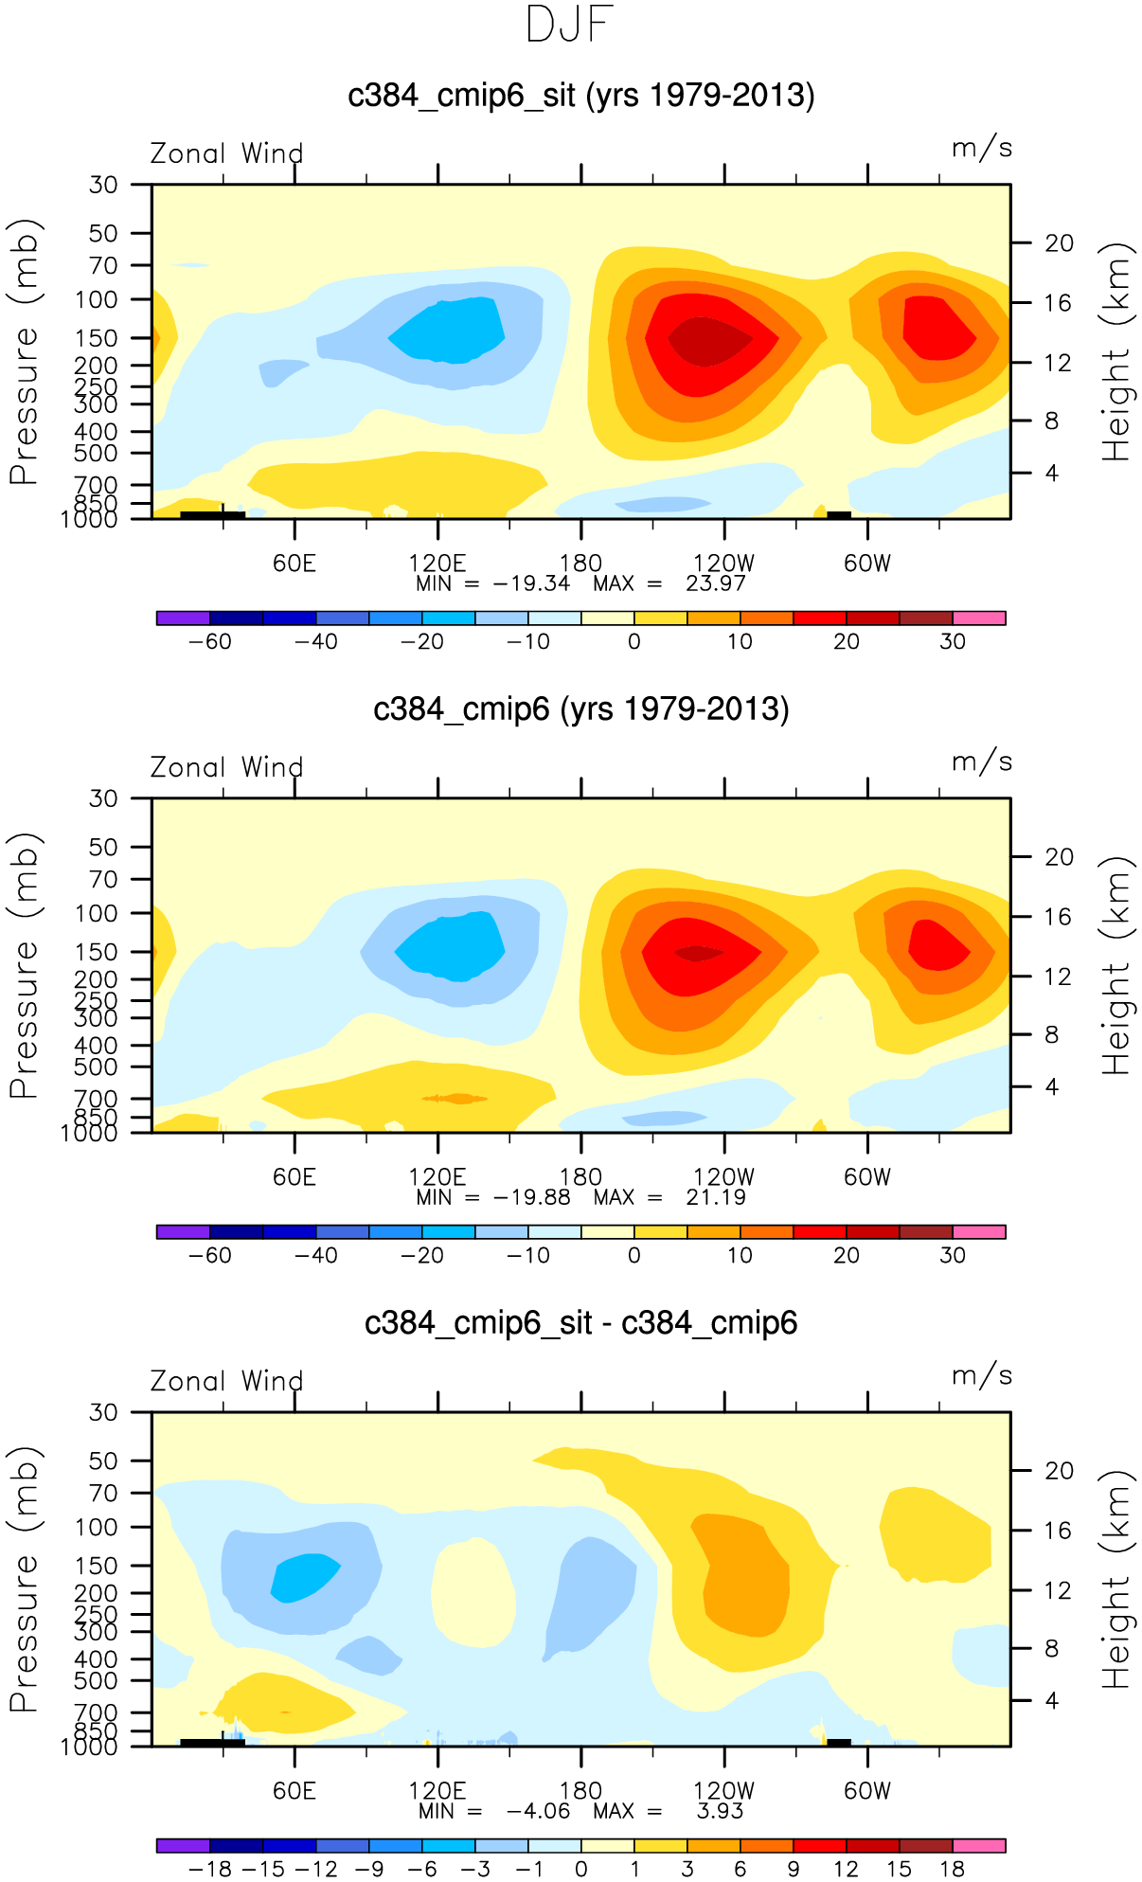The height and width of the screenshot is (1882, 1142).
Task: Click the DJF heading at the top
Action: (570, 26)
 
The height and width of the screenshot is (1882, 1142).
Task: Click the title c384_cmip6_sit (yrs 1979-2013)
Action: (580, 96)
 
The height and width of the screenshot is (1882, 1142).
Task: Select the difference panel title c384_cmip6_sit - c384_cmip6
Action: (580, 1323)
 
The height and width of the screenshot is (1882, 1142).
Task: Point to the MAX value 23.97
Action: (716, 583)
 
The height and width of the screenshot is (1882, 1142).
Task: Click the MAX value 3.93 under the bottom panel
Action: (720, 1811)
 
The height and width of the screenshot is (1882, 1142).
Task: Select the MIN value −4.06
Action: (538, 1811)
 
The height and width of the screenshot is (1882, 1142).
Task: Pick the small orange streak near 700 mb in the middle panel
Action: (455, 1099)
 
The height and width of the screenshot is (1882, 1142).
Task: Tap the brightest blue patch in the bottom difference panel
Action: (303, 1577)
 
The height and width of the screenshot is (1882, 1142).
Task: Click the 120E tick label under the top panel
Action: (437, 564)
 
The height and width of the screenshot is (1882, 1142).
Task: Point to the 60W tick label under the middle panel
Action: (867, 1177)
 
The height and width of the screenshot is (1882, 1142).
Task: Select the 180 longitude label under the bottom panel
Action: (580, 1791)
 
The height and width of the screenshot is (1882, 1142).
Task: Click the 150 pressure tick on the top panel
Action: (103, 338)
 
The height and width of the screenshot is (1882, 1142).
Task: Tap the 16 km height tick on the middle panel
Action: (1058, 917)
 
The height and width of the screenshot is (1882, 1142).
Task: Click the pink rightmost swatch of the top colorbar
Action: (978, 618)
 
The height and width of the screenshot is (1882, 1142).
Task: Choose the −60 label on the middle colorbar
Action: (209, 1256)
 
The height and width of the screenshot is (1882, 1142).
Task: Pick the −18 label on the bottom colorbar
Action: (209, 1870)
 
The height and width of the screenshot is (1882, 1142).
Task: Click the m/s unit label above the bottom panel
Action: (982, 1376)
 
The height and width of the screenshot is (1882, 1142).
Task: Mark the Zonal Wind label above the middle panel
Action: (226, 768)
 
